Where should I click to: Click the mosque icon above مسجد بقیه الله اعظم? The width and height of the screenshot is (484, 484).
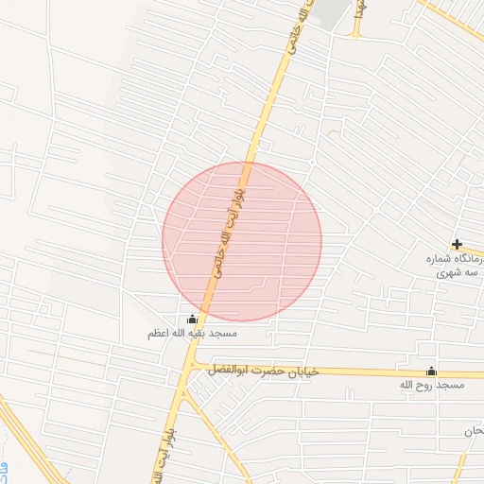click(x=193, y=320)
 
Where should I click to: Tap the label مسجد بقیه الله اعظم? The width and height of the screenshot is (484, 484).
click(x=192, y=334)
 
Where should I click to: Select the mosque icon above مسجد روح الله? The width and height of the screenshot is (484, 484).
click(x=432, y=371)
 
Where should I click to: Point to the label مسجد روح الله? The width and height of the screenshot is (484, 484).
click(x=432, y=386)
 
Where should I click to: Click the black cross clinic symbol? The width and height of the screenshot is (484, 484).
click(x=457, y=244)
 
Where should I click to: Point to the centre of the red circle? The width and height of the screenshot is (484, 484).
click(x=242, y=241)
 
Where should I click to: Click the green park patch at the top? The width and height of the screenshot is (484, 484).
click(x=330, y=11)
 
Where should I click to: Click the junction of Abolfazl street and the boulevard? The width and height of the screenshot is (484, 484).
click(x=189, y=366)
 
